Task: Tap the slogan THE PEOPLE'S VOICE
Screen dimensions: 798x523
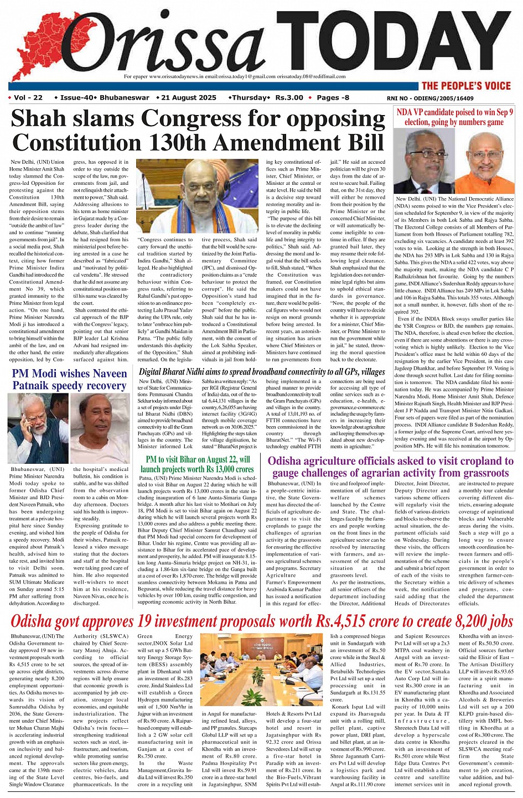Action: tap(465, 86)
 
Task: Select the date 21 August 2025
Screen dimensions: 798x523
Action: tap(189, 98)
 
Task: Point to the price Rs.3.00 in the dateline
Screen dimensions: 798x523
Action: tap(289, 98)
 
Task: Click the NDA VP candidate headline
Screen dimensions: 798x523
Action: tap(454, 117)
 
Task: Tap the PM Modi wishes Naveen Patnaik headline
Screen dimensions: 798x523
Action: tap(69, 380)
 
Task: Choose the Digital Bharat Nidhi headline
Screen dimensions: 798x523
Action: tap(262, 371)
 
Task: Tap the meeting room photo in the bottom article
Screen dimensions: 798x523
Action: tap(263, 670)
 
